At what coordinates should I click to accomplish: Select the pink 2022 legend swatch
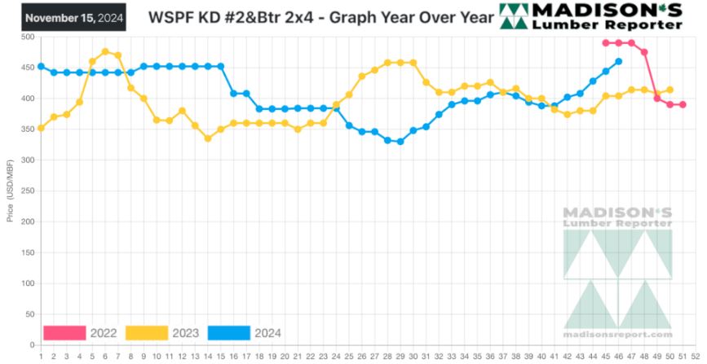click(x=64, y=332)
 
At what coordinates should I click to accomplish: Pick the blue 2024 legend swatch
click(x=228, y=332)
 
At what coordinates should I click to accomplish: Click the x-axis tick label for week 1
click(x=41, y=355)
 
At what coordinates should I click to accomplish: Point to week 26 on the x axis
click(x=361, y=355)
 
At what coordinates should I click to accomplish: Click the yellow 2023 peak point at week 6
click(x=105, y=51)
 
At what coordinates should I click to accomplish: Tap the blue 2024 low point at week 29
click(x=400, y=142)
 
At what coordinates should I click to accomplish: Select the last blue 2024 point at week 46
click(x=618, y=61)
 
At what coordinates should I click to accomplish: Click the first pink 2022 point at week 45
click(x=605, y=43)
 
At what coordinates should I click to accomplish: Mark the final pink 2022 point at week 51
click(x=683, y=104)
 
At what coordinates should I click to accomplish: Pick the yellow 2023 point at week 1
click(x=41, y=128)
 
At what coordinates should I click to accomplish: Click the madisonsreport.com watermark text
click(x=617, y=334)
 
